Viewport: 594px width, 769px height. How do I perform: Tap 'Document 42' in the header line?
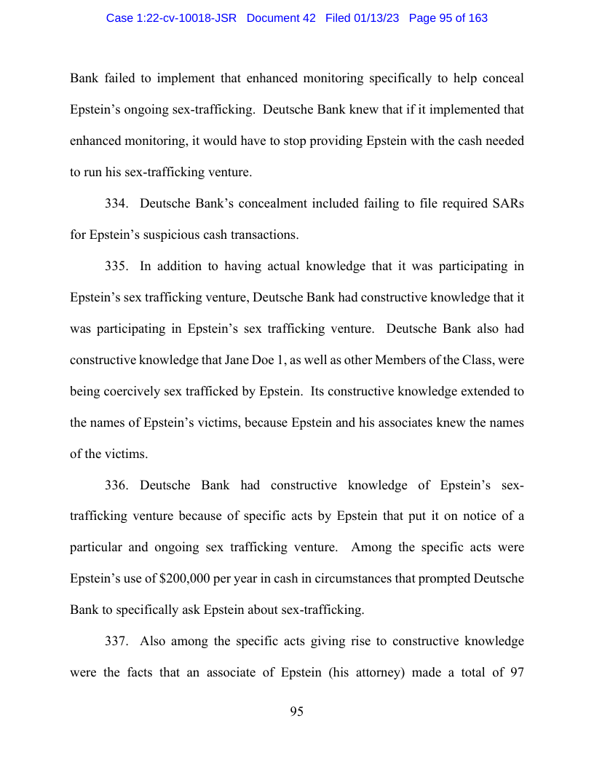281,18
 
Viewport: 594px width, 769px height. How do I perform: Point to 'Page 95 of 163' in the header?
448,18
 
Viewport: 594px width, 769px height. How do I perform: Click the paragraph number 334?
116,203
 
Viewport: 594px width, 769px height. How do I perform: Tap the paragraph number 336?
116,485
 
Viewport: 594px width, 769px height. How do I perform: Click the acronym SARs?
507,203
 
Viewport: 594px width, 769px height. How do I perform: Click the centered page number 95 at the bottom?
296,711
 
